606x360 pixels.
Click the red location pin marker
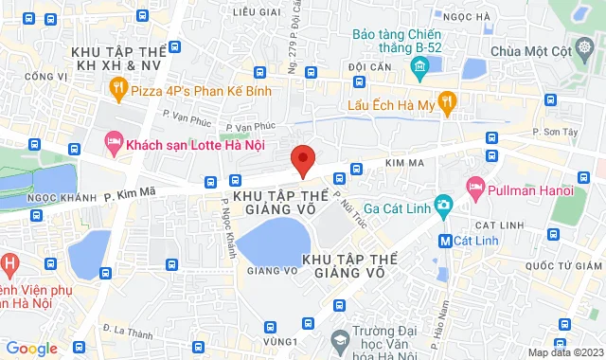[302, 160]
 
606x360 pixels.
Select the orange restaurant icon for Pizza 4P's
[118, 91]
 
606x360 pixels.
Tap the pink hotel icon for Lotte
[113, 142]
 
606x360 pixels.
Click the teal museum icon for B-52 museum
[419, 65]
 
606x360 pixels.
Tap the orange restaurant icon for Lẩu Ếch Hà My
[448, 100]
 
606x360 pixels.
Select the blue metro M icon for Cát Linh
[444, 241]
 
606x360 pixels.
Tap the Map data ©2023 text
[564, 352]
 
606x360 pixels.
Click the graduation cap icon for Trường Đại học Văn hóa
[338, 339]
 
